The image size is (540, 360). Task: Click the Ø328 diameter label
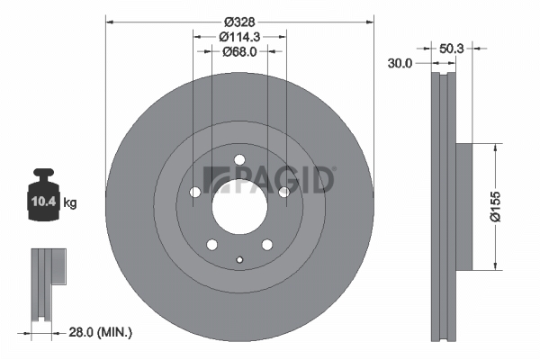point(239,22)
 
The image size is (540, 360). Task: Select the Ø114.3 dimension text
point(239,37)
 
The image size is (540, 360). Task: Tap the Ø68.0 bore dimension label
point(239,51)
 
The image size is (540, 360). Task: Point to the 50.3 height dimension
point(452,49)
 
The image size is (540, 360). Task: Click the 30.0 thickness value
point(400,63)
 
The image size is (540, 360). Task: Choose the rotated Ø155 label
point(495,207)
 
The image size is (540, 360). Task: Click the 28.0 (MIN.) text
point(101,332)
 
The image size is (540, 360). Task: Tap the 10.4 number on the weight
point(43,202)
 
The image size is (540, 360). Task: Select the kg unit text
point(70,202)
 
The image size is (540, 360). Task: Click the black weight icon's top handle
point(44,172)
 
